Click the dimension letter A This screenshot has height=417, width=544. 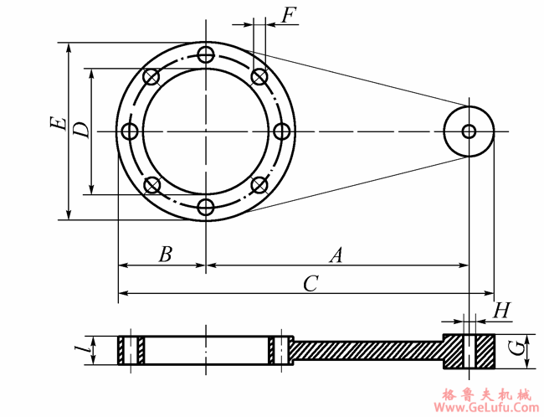[x=336, y=255]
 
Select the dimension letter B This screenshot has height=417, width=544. [x=165, y=255]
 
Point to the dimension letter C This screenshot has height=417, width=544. [x=310, y=284]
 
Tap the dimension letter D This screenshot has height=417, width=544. [x=80, y=130]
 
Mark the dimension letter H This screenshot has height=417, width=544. [x=501, y=311]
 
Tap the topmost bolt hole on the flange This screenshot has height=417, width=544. [x=206, y=56]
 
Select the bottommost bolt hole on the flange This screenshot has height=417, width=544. [x=206, y=206]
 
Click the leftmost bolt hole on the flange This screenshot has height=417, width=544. [x=130, y=131]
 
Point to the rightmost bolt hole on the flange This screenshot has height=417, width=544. [x=281, y=131]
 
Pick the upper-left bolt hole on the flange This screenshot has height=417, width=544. [x=151, y=78]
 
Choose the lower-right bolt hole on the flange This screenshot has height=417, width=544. [x=259, y=185]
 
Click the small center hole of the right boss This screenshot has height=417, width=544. [x=469, y=131]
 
